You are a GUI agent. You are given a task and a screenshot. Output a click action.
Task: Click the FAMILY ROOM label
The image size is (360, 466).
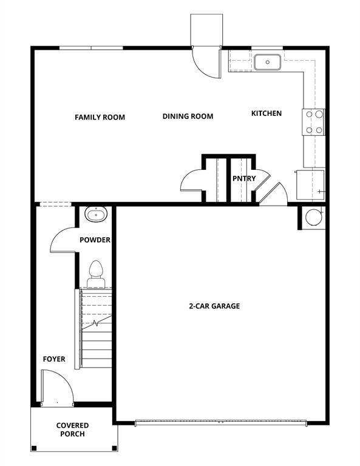click(100, 117)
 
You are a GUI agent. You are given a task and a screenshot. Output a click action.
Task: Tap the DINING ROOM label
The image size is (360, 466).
click(188, 116)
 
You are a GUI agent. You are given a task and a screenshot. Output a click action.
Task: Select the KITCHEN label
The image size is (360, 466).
click(267, 113)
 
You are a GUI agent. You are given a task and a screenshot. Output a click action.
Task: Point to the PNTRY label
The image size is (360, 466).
click(244, 178)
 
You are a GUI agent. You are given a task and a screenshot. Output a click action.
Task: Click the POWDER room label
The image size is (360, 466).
click(95, 240)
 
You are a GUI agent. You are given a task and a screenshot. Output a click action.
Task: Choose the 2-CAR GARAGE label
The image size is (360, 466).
click(214, 306)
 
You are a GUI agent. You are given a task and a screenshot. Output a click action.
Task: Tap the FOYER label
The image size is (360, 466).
click(53, 359)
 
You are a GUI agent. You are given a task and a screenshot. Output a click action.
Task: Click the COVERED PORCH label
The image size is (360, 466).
click(72, 430)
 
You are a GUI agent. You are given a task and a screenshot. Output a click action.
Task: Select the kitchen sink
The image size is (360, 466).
click(267, 62)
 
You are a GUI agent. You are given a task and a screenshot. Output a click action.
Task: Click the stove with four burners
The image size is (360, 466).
click(314, 121)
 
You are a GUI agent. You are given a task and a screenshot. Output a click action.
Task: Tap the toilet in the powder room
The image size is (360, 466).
click(96, 272)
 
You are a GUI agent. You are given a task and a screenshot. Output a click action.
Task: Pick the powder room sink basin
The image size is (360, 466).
click(96, 214)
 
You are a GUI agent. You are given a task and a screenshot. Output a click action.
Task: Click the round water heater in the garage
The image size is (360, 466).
click(314, 217)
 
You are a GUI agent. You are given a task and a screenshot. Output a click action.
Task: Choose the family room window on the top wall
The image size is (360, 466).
click(91, 47)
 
